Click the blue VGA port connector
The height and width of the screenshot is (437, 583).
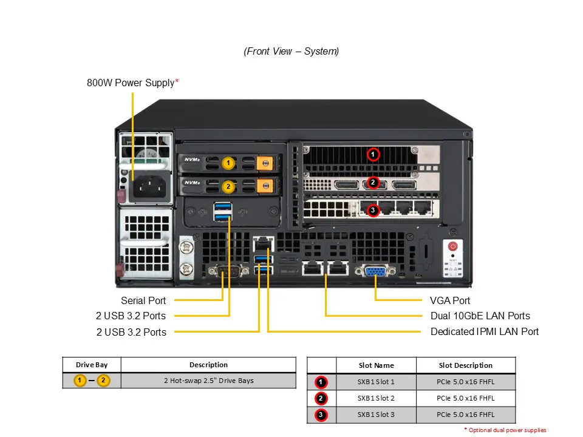click(x=375, y=271)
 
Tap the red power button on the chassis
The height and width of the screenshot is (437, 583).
click(x=452, y=246)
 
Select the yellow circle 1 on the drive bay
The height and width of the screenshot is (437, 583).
click(x=228, y=163)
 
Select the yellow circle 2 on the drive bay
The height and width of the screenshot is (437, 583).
click(x=228, y=186)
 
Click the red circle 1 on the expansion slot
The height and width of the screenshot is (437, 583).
click(x=373, y=154)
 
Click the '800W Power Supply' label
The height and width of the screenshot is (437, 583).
click(x=132, y=83)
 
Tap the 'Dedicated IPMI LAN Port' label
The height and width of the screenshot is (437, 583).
click(x=484, y=331)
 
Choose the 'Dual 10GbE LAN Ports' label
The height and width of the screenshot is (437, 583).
click(x=480, y=316)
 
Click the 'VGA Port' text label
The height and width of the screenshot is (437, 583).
click(x=449, y=300)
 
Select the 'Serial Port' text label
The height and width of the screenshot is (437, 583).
click(x=143, y=300)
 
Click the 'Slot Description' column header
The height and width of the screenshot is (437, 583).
click(x=465, y=365)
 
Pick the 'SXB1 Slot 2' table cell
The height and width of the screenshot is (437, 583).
click(x=376, y=398)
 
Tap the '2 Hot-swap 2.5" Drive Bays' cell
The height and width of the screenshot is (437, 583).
click(x=208, y=381)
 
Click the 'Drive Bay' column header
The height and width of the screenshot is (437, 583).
click(x=92, y=365)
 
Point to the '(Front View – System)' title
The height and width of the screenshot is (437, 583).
click(x=291, y=52)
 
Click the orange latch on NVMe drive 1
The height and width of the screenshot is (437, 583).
click(x=264, y=163)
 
